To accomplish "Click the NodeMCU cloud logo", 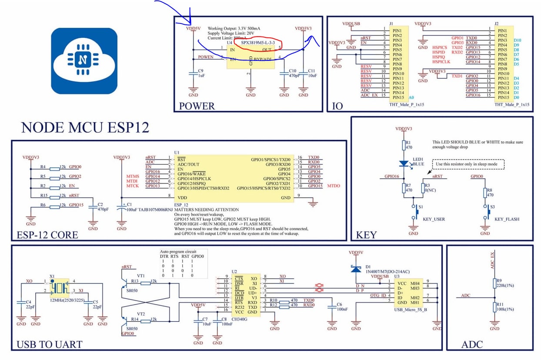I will [x=83, y=61].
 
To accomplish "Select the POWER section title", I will [x=197, y=106].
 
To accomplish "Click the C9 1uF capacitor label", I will [x=200, y=73].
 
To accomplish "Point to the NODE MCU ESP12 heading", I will [x=85, y=128].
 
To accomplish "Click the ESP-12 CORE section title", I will [x=47, y=235].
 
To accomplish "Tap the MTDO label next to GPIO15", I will [x=334, y=186].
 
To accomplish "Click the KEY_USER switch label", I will [x=434, y=220].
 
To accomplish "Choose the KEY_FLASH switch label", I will [x=507, y=220].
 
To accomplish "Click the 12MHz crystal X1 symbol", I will [x=58, y=287].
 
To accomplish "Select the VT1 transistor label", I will [x=140, y=276].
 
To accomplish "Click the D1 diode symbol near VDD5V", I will [x=356, y=269].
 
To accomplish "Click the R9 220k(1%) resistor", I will [x=494, y=283].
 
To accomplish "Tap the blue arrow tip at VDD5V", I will [x=190, y=23].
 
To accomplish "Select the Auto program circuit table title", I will [x=178, y=252].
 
